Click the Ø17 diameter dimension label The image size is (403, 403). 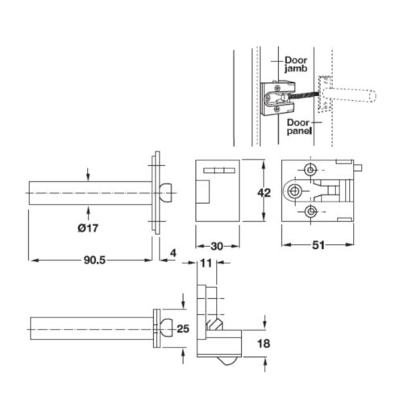point(88,227)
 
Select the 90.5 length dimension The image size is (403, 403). point(94,260)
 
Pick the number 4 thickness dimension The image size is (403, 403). point(173,252)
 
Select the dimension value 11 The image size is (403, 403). point(206,263)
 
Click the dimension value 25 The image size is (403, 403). point(182,328)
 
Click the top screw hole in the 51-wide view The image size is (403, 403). point(310,168)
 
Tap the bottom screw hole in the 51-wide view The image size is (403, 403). point(310,211)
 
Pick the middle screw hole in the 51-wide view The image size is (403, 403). point(296,190)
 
